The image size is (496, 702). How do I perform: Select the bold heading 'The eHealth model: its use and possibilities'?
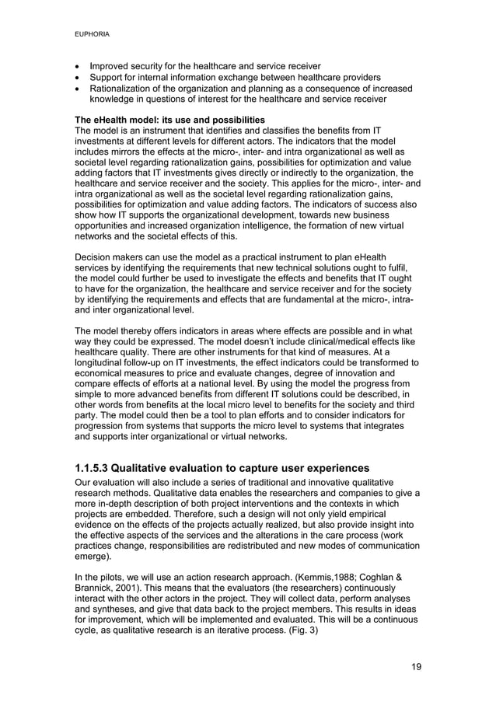pos(169,120)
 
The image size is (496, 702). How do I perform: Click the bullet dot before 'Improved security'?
pos(76,66)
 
